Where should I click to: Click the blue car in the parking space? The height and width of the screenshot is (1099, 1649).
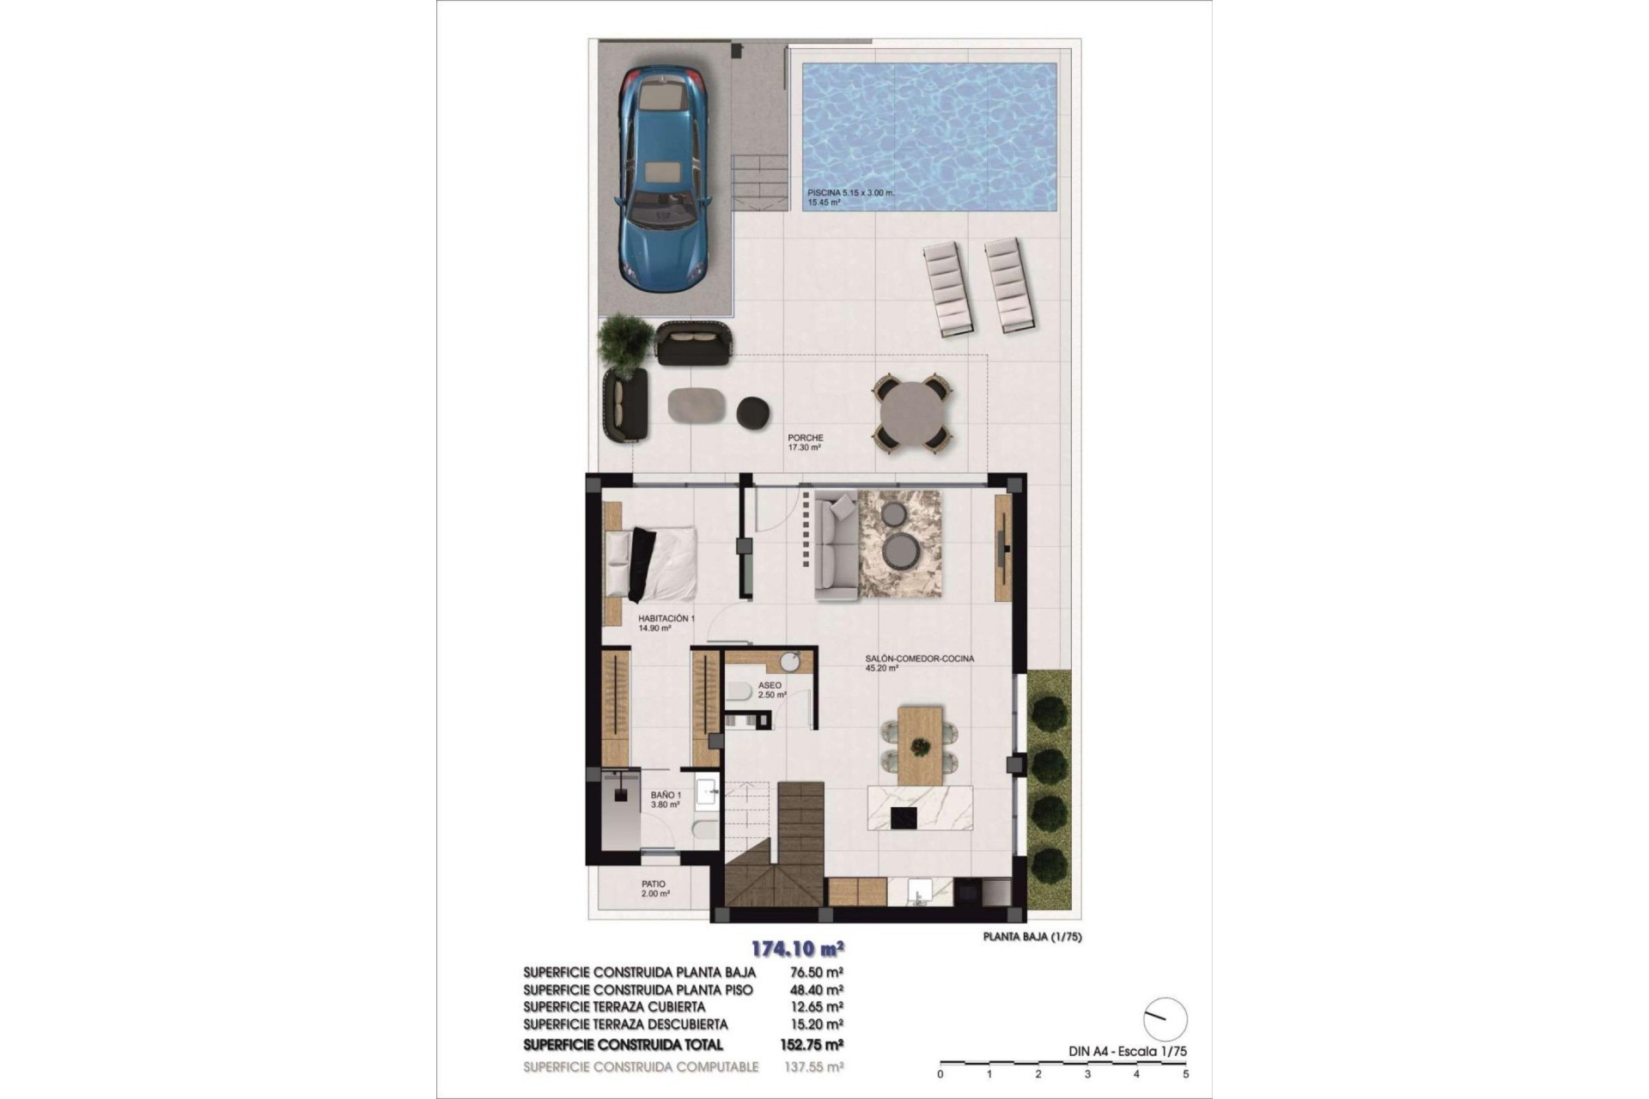662,179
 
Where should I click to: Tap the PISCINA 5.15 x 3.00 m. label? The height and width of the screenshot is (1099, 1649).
850,193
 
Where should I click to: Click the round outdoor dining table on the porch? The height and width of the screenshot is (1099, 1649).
912,413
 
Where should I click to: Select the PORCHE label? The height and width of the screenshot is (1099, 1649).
805,438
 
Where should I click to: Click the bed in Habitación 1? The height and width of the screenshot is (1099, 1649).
652,563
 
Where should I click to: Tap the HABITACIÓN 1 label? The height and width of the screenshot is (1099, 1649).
666,618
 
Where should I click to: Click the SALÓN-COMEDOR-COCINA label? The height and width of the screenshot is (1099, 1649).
919,659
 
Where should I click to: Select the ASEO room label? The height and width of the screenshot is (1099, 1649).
770,685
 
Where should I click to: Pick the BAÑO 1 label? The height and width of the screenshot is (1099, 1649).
666,795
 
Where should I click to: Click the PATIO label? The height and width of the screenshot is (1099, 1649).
653,883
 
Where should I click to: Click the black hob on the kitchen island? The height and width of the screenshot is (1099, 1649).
904,817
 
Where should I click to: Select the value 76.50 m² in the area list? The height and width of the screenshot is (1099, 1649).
815,973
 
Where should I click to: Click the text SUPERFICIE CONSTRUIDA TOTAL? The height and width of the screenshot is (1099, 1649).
623,1045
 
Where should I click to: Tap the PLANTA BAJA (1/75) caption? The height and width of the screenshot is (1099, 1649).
1031,938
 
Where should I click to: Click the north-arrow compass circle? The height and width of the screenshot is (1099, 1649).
1165,1019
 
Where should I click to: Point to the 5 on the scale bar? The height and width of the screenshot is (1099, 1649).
1185,1074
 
